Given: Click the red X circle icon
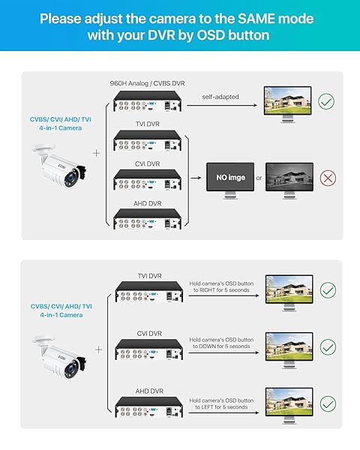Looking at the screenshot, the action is tap(328, 178).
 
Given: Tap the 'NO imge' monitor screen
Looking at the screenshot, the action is tap(230, 177).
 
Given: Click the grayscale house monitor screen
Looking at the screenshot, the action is tap(289, 177).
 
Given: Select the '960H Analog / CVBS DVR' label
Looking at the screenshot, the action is tap(147, 83).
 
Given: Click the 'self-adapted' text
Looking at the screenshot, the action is tap(220, 97).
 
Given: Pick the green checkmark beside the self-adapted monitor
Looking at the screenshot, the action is tap(326, 101).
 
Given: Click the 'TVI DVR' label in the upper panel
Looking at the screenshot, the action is tap(148, 124).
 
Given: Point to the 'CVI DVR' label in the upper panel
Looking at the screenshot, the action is tap(147, 163).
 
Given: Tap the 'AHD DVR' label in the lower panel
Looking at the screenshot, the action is tap(149, 391).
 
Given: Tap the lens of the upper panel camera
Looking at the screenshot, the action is tap(70, 178).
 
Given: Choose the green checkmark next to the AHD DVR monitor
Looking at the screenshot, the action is tap(328, 404).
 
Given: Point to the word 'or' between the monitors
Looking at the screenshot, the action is tap(259, 178).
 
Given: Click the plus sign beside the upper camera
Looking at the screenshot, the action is tap(97, 153).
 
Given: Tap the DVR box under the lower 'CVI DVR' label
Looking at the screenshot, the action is tap(149, 349).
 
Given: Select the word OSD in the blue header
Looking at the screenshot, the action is tap(211, 35).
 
